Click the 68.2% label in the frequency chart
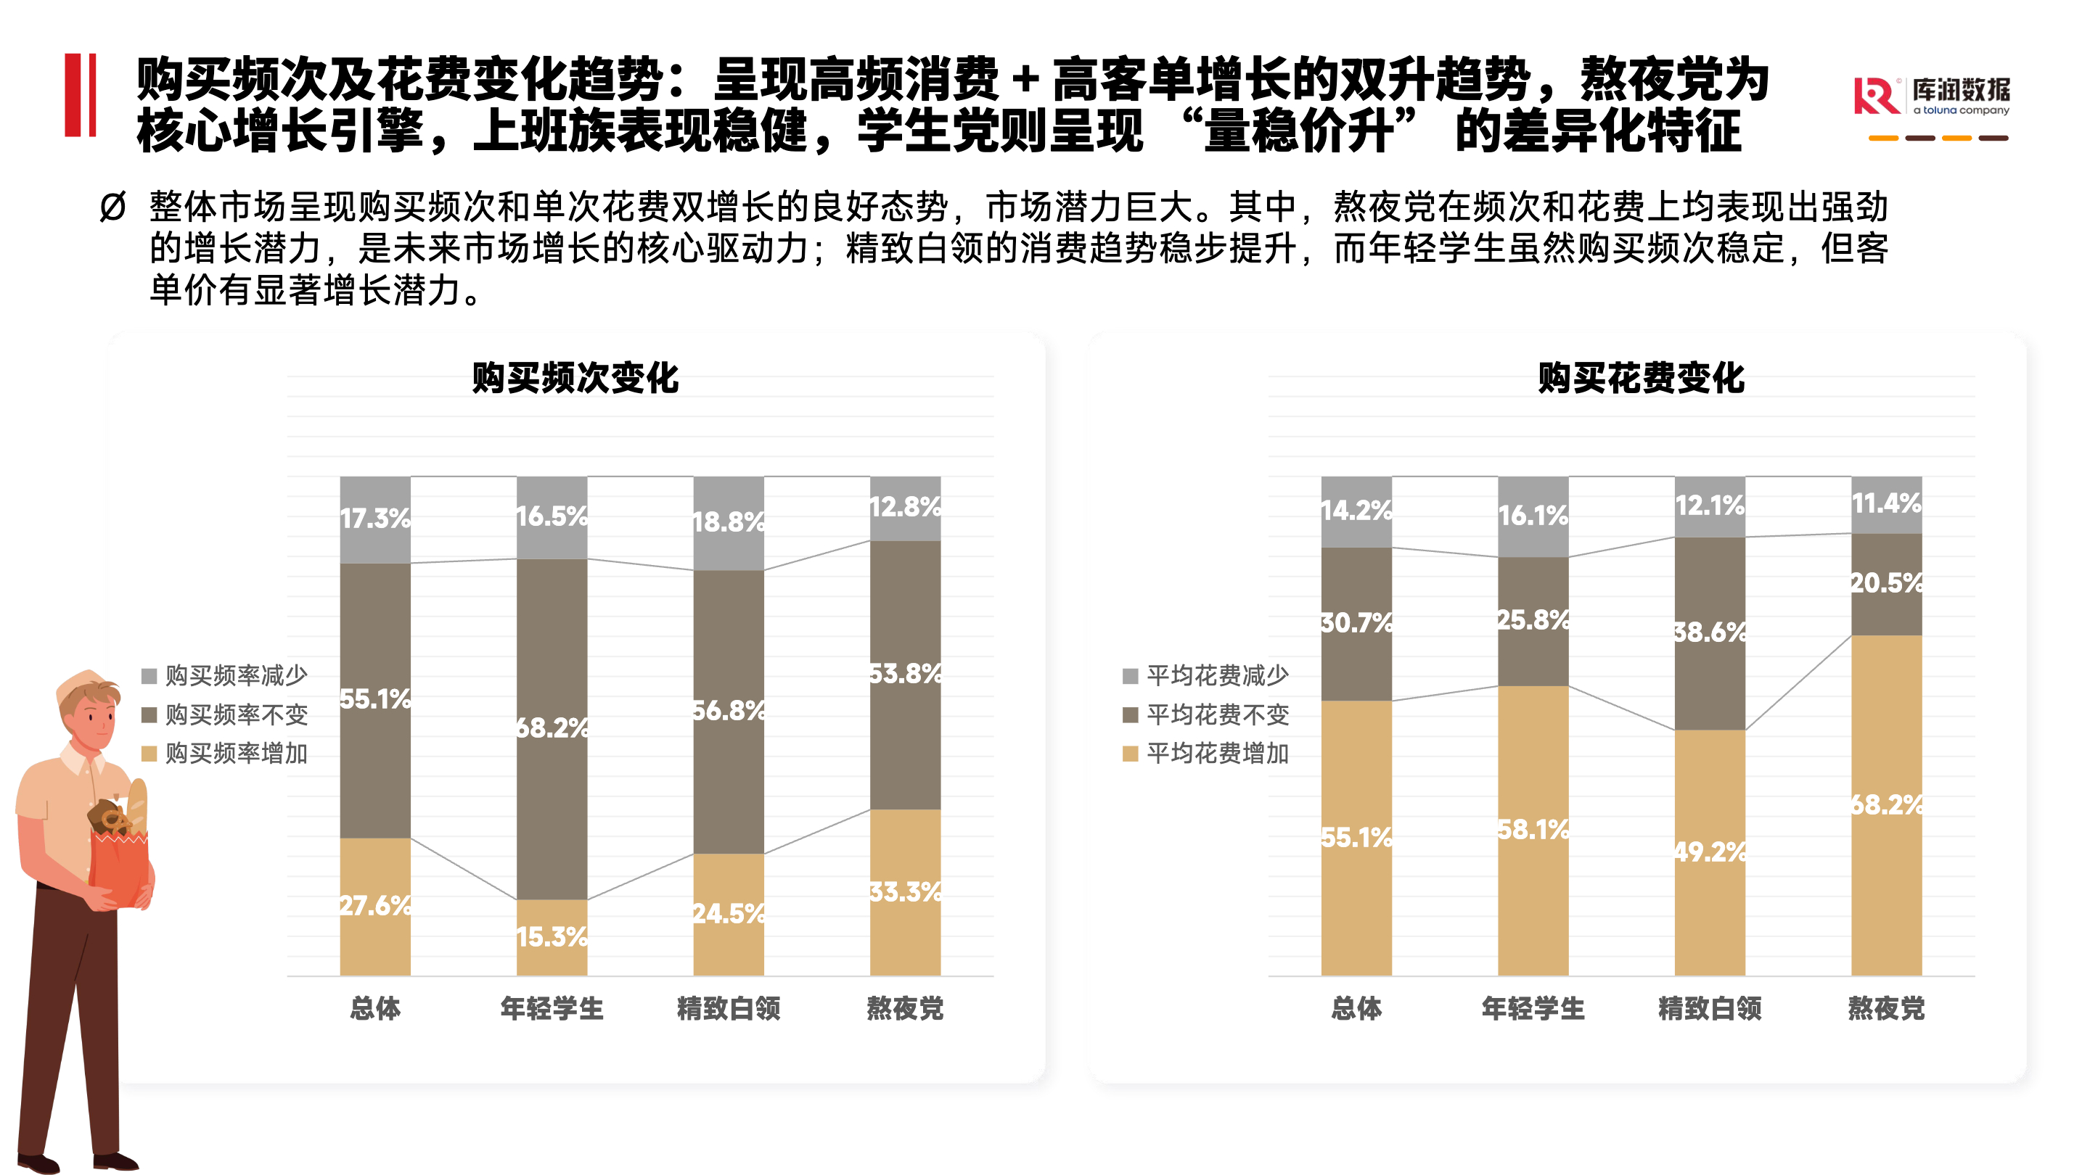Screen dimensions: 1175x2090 point(552,727)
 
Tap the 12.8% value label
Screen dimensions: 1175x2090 point(906,507)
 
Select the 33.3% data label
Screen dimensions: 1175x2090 point(906,892)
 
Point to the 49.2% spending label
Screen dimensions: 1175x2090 point(1710,852)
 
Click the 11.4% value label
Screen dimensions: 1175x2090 point(1886,503)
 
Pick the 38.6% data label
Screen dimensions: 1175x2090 point(1710,632)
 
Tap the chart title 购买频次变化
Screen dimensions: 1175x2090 point(575,379)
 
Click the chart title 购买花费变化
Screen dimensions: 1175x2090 point(1641,379)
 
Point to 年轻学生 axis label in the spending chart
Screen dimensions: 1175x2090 point(1533,1008)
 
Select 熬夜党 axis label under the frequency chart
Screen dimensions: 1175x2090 point(906,1008)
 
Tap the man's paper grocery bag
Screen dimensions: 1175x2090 point(120,859)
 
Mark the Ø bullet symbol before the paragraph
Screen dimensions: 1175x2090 point(112,207)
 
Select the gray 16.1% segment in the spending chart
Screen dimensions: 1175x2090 point(1533,516)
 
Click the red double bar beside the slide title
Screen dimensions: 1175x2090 point(81,95)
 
